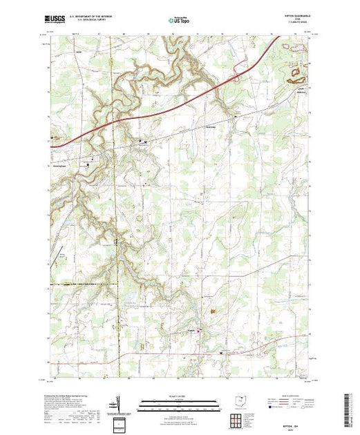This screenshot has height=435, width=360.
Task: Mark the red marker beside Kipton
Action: click(200, 331)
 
